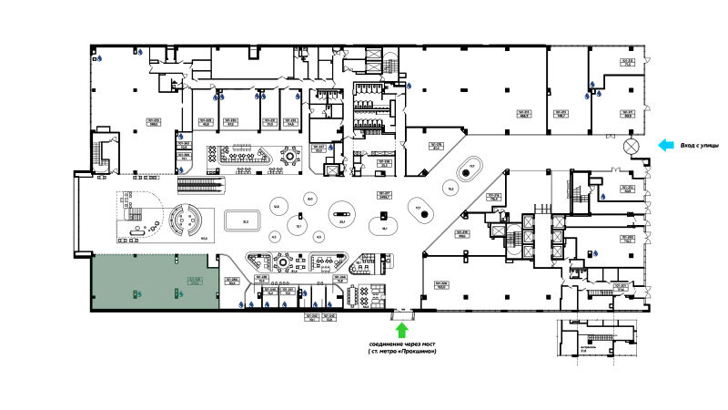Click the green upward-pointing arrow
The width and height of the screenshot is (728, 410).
coord(401,330)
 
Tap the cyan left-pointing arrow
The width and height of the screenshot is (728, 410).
coord(666,144)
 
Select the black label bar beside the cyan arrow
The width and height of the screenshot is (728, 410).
coord(699,145)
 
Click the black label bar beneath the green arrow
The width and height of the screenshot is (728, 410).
coord(400,350)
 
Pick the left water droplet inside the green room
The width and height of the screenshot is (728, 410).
coord(139,294)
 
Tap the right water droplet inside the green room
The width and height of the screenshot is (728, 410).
coord(180,294)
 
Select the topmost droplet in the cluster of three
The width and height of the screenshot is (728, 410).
coord(593,84)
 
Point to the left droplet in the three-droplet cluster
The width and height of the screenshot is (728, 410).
coord(586,97)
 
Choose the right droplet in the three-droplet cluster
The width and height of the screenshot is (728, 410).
coord(600,96)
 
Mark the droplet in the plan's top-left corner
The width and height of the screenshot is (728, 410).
coord(98,56)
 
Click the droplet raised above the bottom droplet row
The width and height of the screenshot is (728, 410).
coord(306,293)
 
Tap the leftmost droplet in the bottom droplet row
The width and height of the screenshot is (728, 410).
coord(240,304)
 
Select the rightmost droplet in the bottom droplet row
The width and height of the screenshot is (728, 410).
coord(330,304)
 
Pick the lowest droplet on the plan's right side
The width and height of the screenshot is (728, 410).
coord(595,253)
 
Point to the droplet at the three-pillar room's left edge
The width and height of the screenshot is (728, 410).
coord(410,87)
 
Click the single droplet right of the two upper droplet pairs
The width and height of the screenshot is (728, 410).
coord(297,97)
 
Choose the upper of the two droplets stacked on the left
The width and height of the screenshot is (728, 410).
coord(181,137)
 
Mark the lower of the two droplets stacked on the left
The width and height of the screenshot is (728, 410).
coord(181,169)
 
